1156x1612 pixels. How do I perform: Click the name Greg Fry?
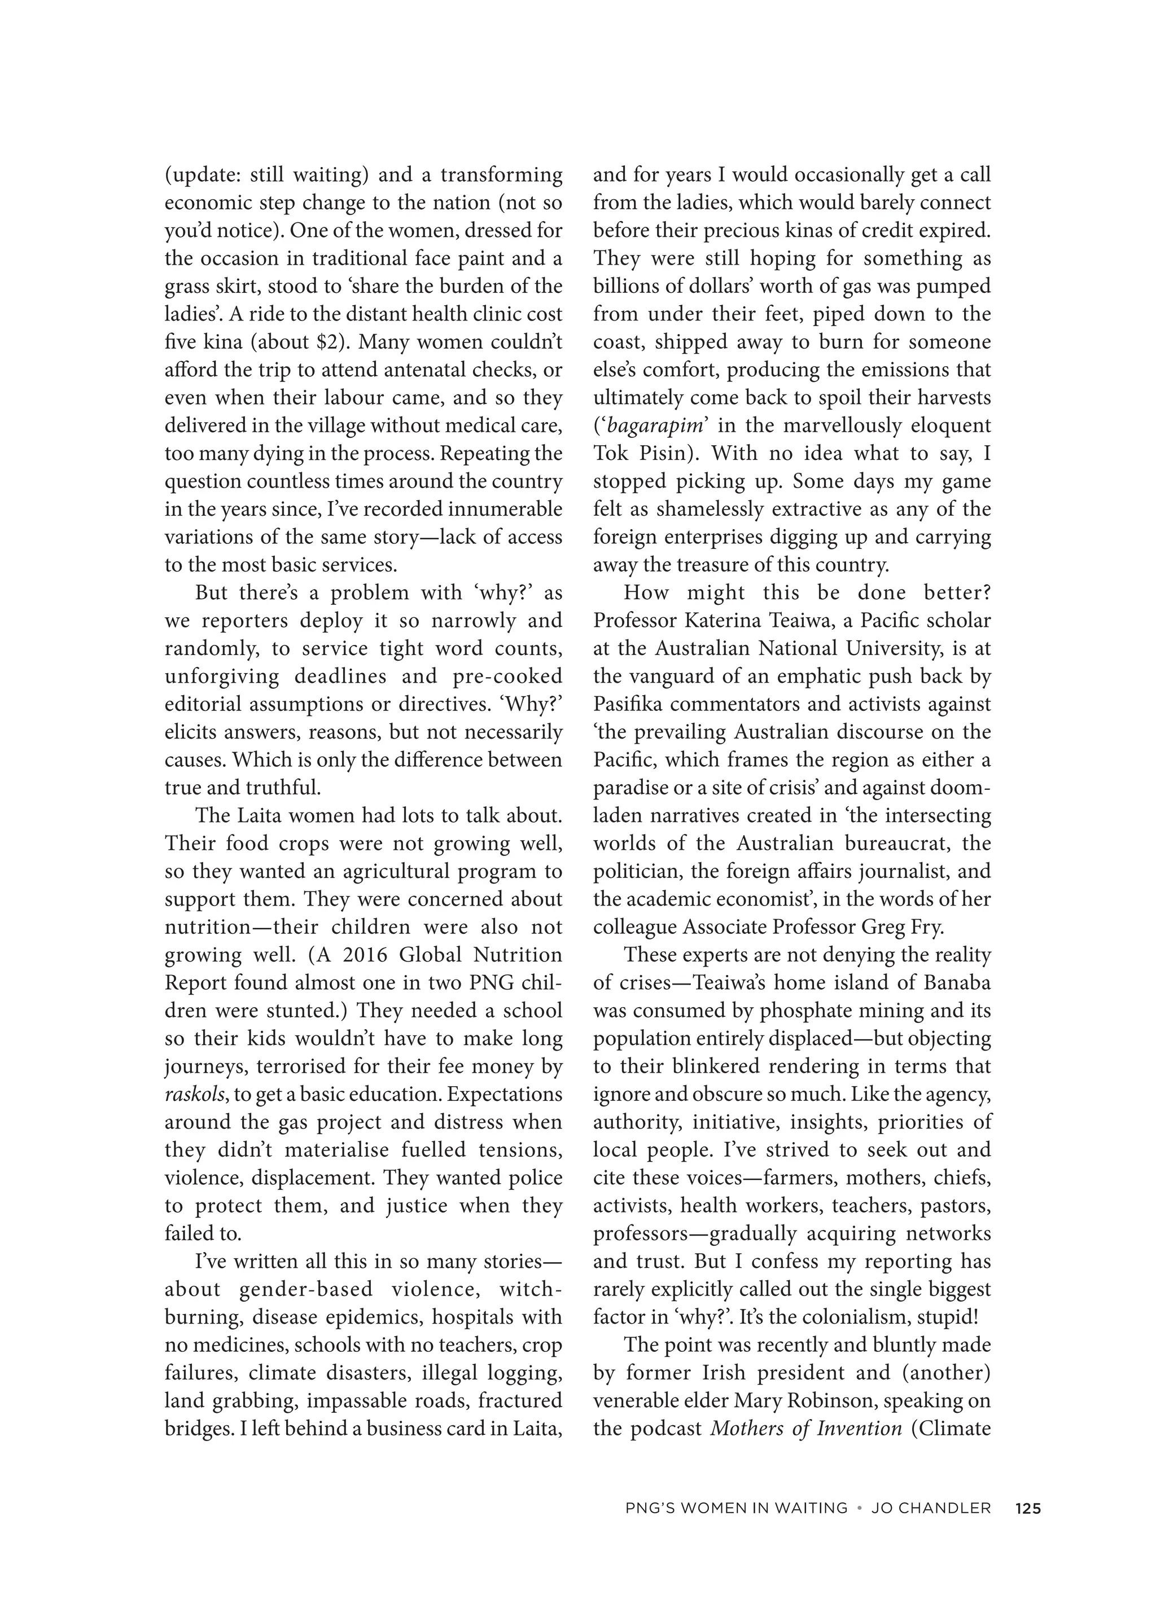tap(902, 927)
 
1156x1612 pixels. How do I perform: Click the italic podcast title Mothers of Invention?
tap(805, 1429)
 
